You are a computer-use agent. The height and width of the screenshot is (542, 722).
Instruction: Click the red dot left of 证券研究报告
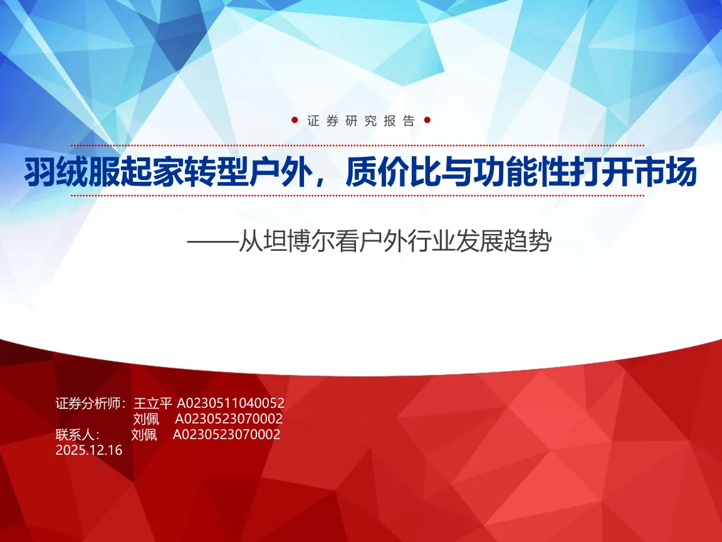point(295,120)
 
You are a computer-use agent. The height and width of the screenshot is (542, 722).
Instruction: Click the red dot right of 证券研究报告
point(427,120)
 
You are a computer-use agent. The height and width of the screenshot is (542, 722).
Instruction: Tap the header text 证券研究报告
point(361,120)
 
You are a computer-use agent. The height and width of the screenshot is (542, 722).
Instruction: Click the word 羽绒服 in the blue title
point(72,173)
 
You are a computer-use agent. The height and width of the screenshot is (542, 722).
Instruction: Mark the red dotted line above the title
point(357,145)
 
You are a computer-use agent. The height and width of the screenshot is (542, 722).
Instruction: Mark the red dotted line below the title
point(357,196)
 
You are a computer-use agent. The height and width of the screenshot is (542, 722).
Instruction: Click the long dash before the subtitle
point(212,242)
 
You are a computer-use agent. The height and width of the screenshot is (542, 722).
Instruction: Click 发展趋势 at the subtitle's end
point(503,241)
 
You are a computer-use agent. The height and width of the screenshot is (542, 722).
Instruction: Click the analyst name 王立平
point(153,403)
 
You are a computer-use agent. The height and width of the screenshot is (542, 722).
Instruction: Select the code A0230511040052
point(231,403)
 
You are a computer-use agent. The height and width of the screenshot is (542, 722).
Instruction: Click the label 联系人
point(74,435)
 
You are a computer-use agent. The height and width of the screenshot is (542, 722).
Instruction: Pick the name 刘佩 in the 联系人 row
point(144,435)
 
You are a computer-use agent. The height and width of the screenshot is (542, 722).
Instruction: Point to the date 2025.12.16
point(89,450)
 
